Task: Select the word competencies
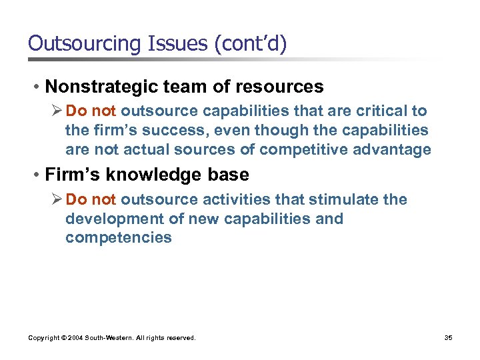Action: pos(118,238)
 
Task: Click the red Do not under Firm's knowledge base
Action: pos(91,199)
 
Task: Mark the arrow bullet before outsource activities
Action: pos(58,199)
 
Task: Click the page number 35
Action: pos(448,338)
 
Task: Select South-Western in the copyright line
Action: pos(110,338)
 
